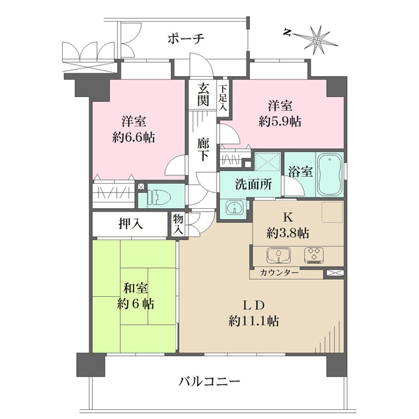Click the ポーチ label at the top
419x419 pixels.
[x=185, y=39]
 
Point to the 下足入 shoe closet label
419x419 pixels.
[x=222, y=97]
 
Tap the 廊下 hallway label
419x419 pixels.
[x=203, y=150]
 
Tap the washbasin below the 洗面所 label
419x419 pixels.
[x=233, y=208]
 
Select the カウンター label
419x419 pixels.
[x=279, y=272]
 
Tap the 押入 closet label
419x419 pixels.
[x=131, y=224]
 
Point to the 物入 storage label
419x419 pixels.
[x=178, y=223]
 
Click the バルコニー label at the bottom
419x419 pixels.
[x=209, y=382]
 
